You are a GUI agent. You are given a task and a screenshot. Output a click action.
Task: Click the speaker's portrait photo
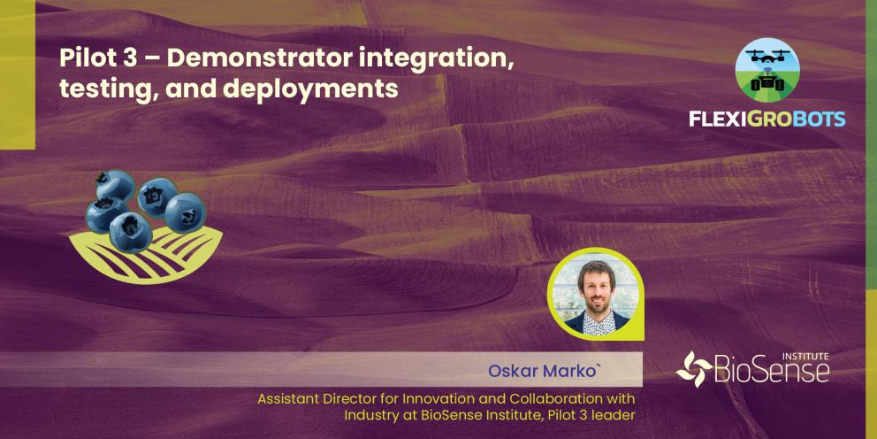tap(595, 294)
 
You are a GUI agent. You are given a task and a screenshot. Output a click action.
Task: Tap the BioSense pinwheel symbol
tap(694, 369)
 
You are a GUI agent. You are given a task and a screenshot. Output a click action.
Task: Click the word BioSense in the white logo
tap(773, 371)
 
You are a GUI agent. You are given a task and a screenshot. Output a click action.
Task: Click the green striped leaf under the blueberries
tap(145, 254)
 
